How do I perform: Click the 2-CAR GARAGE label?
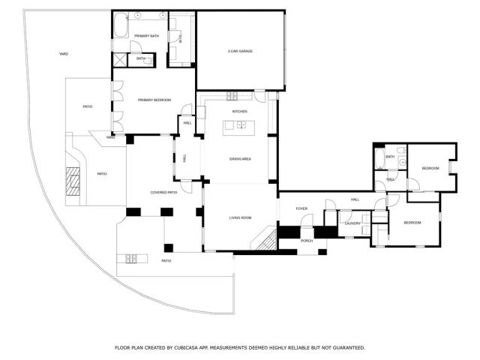coord(240,51)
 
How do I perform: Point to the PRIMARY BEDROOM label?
coord(154,100)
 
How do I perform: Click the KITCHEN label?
coord(239,111)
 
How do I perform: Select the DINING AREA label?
coord(240,159)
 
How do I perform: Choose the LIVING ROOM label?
coord(240,218)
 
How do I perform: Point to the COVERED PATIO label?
coord(163,193)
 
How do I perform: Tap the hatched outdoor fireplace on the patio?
coord(73,181)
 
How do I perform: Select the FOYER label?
coord(301,208)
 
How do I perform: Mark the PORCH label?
coord(307,241)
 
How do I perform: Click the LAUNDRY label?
coord(352,223)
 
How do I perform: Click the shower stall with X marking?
coord(121,61)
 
